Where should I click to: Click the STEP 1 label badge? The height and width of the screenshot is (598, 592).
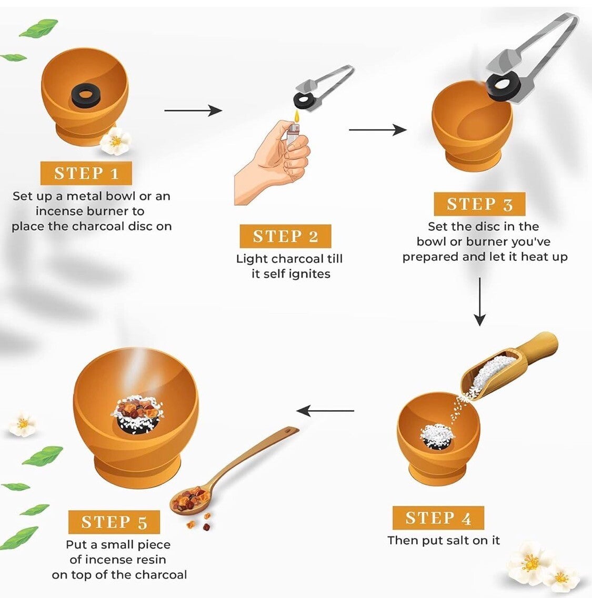(86, 174)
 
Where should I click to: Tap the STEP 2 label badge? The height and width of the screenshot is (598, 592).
(285, 237)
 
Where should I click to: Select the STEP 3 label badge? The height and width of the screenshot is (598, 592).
(479, 204)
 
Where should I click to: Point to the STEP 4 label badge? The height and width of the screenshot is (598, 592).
(438, 519)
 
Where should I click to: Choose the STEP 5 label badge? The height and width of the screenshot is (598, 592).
(114, 522)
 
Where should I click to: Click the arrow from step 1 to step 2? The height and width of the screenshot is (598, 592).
(193, 110)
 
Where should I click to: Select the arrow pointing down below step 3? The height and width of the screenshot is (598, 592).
(479, 301)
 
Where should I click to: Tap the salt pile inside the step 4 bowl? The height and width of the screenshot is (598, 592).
(436, 434)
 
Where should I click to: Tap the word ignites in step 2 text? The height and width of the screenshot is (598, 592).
(305, 274)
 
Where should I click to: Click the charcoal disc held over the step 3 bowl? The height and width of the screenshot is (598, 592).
(504, 84)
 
